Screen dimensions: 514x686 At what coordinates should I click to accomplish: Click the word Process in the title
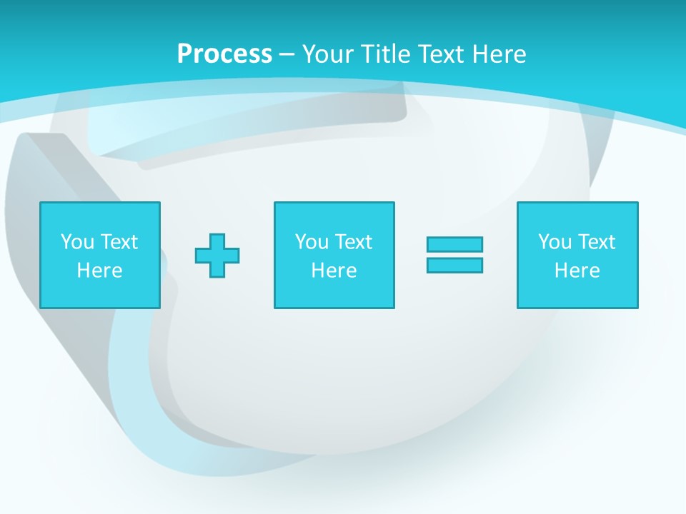224,54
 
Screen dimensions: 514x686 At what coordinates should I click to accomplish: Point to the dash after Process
287,54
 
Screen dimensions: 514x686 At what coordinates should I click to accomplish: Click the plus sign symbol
217,256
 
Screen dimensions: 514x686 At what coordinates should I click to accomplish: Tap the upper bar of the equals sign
454,244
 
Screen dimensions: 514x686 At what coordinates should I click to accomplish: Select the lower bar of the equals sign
454,265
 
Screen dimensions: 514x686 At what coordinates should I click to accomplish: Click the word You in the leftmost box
77,242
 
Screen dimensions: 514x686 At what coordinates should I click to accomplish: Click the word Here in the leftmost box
99,271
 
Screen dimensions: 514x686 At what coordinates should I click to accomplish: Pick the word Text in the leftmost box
119,242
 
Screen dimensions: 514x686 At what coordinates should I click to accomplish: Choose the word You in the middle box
312,242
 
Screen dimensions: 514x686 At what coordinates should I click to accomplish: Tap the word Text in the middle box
353,242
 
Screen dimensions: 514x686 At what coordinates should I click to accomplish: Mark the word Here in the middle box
334,271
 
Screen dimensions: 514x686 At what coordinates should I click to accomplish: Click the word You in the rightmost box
555,242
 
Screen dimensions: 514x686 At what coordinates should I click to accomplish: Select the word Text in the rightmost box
596,242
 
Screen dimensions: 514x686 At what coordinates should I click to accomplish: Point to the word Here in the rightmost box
577,271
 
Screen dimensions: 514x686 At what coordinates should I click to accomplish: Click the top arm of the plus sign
217,240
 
